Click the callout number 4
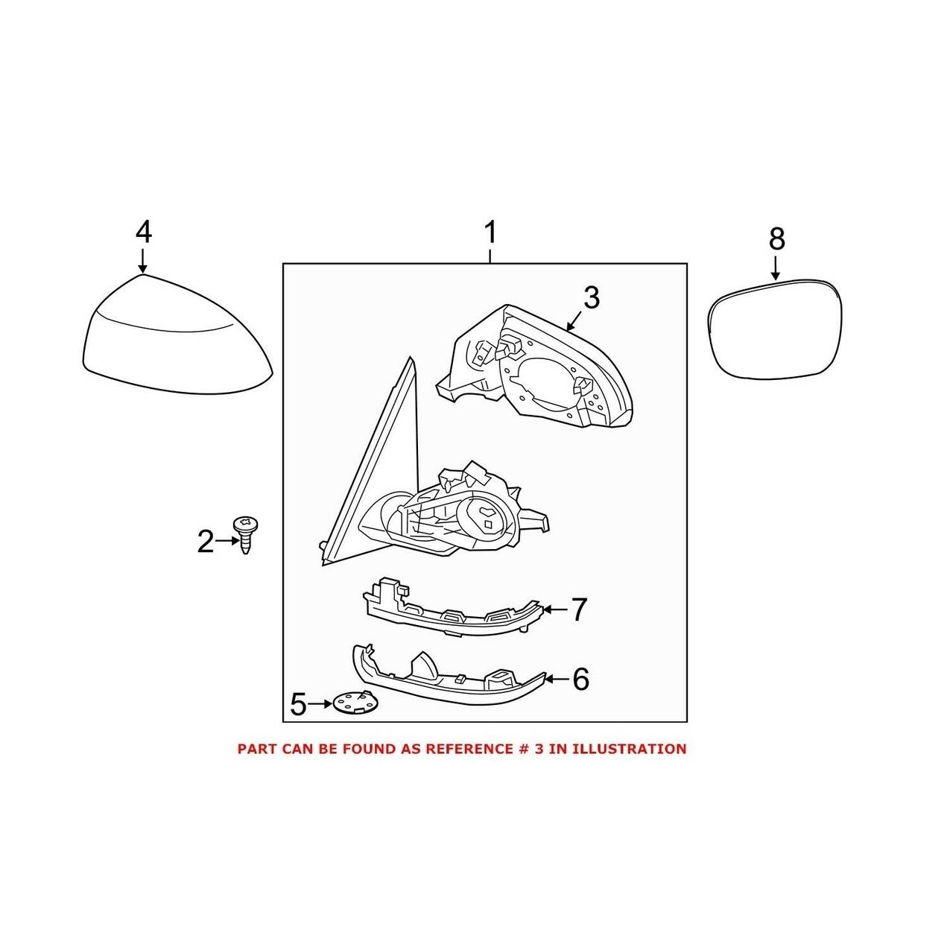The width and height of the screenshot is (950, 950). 144,232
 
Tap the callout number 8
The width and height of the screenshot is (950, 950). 776,239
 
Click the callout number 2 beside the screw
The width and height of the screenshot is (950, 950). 205,542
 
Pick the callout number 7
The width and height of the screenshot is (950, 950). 579,610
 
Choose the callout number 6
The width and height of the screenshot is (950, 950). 580,679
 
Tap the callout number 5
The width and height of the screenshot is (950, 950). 298,704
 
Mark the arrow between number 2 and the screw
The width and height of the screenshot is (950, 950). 224,542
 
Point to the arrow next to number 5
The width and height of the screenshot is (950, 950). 320,703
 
